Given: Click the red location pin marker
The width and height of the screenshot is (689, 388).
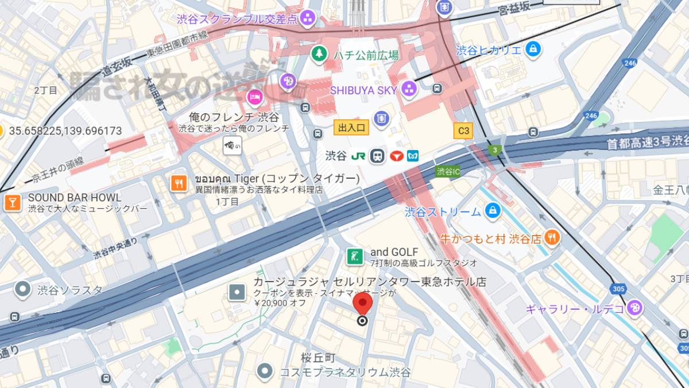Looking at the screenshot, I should tap(362, 304).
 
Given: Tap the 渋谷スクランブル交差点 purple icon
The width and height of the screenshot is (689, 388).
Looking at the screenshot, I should tap(308, 18).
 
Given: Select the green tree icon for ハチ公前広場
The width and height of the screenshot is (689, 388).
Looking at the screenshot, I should tap(318, 55).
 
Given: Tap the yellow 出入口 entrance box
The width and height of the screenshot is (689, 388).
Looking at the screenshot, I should tap(351, 128).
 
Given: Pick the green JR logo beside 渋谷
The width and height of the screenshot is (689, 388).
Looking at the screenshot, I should tap(358, 156).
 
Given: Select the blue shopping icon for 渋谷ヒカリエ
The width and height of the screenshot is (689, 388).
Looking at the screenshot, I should tap(533, 49).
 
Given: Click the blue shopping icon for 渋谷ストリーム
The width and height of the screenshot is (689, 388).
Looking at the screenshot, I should tap(492, 212).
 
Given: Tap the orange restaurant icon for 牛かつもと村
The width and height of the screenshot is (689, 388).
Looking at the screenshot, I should tap(551, 237).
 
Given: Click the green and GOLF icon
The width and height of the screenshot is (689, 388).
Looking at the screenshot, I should tap(354, 256).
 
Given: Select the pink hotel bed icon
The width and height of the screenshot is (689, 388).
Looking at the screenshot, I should tap(254, 97).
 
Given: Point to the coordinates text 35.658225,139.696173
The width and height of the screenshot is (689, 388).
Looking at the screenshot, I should tap(65, 131).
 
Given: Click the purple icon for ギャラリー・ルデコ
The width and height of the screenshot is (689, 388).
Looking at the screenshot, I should tap(634, 309).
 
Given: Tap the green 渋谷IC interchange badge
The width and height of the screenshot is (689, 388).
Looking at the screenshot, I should tap(448, 171).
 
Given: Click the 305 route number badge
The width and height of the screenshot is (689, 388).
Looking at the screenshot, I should tap(618, 289).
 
